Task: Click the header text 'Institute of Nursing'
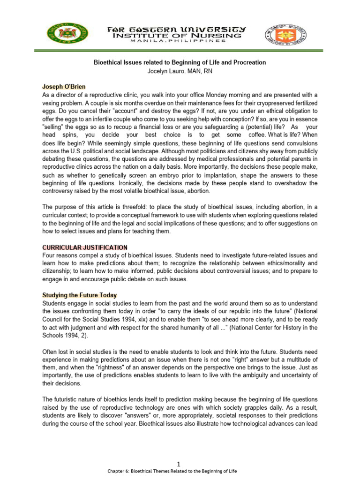[179, 35]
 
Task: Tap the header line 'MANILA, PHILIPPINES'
[180, 41]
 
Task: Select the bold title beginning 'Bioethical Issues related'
[180, 62]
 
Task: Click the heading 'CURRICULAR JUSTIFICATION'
[85, 247]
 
